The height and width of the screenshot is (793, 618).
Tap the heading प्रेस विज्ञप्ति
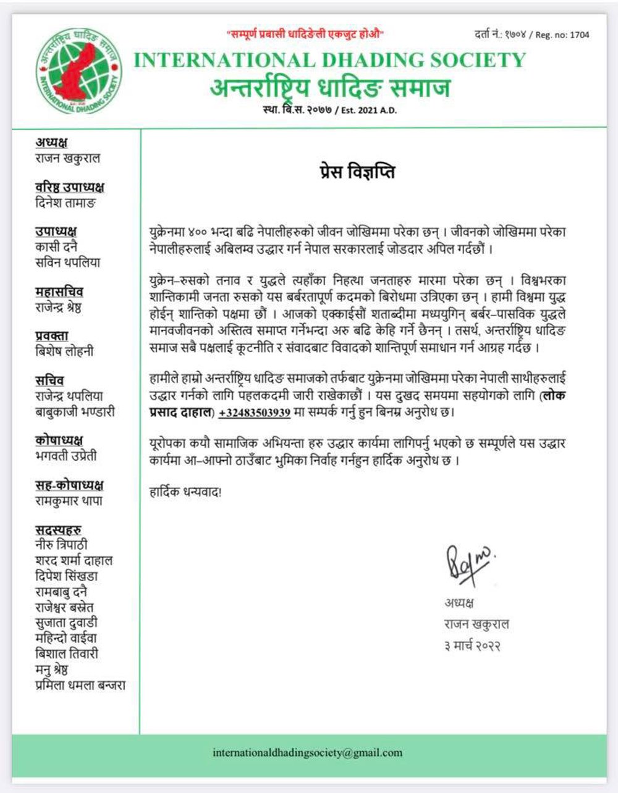pos(353,172)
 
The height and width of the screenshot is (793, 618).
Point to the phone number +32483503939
pos(254,412)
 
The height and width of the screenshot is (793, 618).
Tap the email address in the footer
pos(307,753)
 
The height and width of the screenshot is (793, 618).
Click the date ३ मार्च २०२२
pos(472,646)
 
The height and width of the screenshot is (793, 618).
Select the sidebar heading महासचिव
pos(59,292)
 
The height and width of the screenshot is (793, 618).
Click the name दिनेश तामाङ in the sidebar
pos(66,203)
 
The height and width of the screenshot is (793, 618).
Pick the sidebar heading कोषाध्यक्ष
pos(59,440)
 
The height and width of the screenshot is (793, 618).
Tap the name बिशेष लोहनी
pos(64,351)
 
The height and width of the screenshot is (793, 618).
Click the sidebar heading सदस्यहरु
pos(59,530)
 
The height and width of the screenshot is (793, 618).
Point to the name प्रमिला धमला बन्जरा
pos(80,685)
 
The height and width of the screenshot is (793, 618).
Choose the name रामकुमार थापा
pos(69,501)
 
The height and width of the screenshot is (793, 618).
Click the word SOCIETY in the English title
pos(475,61)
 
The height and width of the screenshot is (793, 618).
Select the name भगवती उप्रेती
pos(66,456)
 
